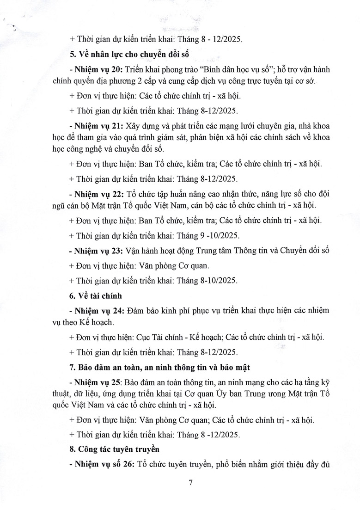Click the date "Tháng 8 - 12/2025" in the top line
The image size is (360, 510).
214,39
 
